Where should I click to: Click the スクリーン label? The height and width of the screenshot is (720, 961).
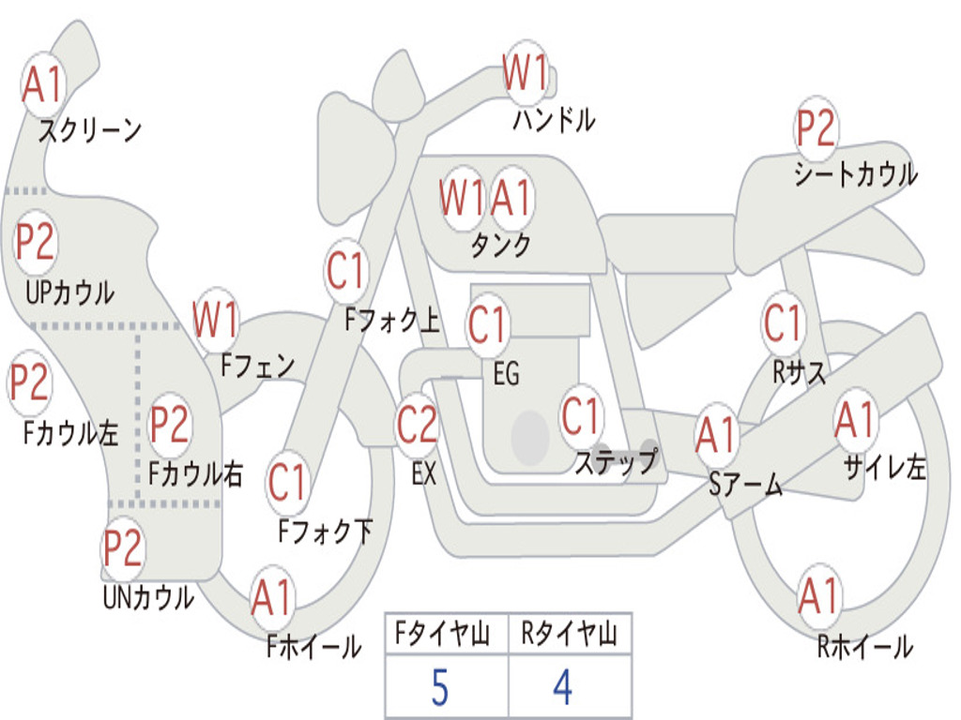coord(89,130)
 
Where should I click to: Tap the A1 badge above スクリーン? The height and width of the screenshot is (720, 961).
coord(42,86)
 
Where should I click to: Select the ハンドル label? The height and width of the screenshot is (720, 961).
coord(554,120)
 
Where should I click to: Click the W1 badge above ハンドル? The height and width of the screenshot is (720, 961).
coord(525,73)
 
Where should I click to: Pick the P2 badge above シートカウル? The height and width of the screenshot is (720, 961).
coord(816,129)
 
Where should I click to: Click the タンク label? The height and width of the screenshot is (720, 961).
coord(500,246)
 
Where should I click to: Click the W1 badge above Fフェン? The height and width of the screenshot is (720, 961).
coord(215,321)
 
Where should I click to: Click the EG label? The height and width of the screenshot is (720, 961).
coord(506,375)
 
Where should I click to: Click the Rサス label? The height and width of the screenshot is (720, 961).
coord(800,372)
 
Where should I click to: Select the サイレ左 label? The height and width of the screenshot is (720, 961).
coord(884,468)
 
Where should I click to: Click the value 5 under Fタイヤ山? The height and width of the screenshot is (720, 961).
coord(438,688)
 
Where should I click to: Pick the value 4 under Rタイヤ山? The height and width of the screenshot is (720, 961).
coord(562,688)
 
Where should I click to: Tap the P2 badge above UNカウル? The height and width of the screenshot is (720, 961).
coord(123,548)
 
